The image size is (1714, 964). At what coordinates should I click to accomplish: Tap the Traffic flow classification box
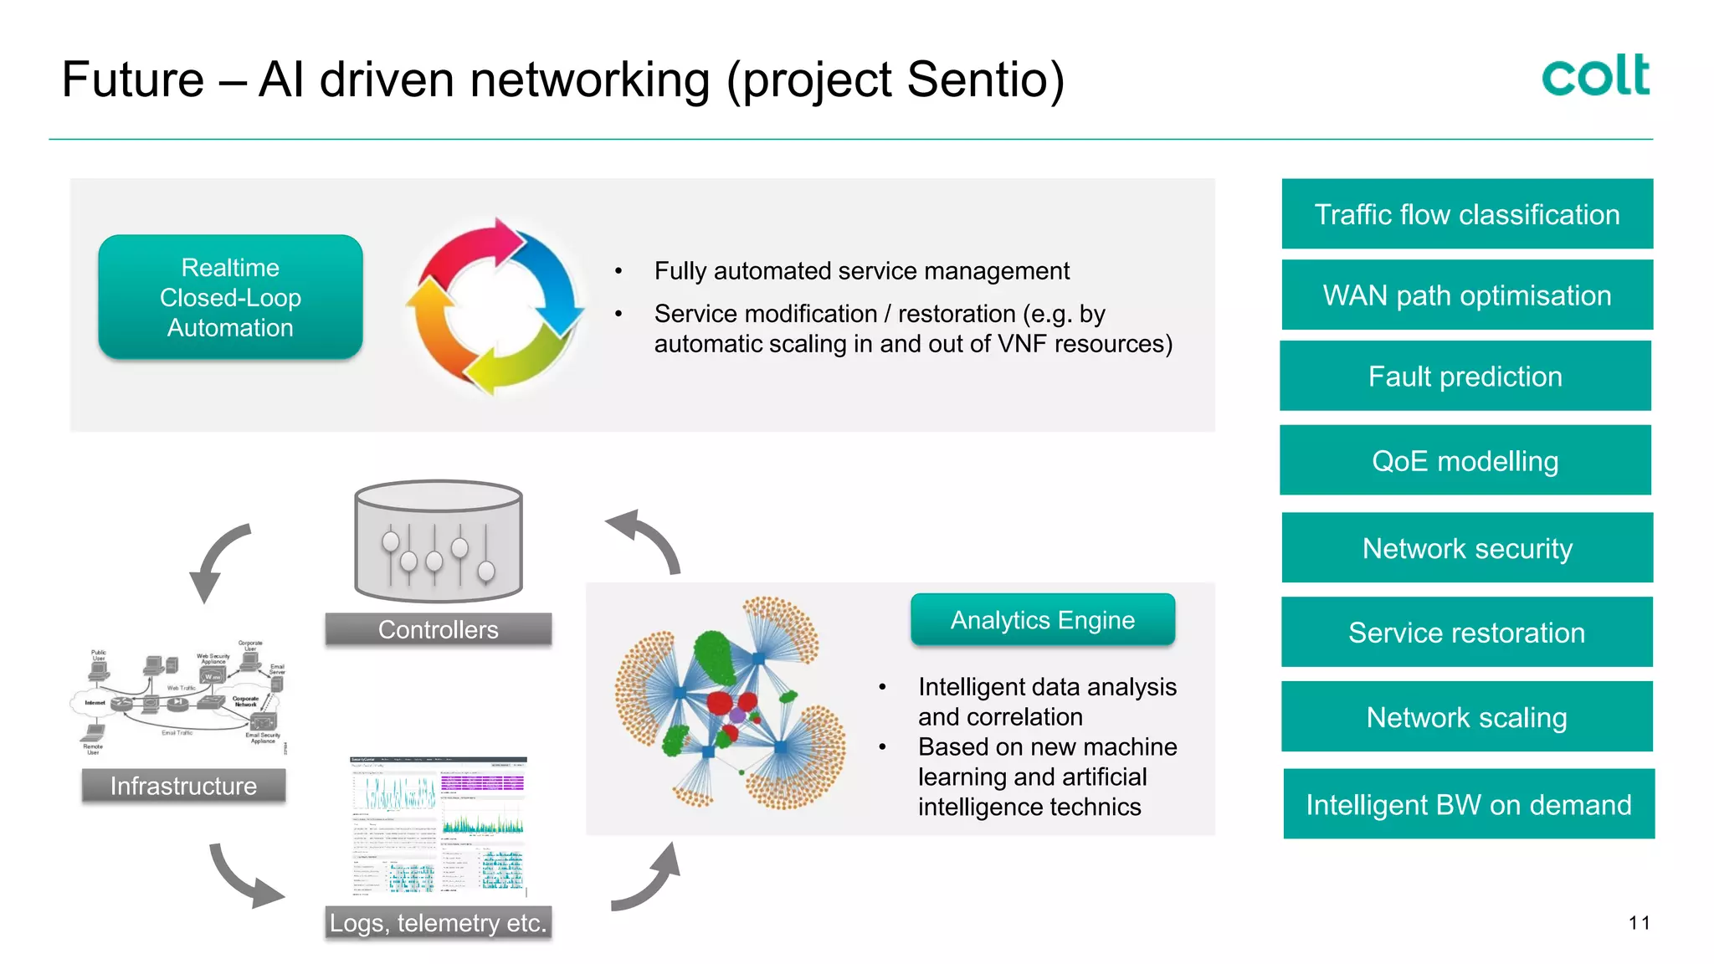point(1467,214)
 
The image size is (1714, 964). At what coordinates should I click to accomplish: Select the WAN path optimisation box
point(1467,295)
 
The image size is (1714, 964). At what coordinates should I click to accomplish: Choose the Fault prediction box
point(1465,377)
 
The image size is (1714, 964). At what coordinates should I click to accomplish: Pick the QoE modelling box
point(1465,461)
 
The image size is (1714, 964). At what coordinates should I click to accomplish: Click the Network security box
point(1467,548)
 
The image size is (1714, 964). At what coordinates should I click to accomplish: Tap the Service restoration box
point(1466,633)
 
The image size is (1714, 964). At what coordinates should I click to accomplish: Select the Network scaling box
point(1466,717)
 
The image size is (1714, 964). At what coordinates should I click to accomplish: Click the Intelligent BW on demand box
point(1469,804)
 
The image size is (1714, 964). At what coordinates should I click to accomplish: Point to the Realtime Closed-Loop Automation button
point(230,298)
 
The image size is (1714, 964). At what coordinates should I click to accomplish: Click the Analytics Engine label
point(1042,620)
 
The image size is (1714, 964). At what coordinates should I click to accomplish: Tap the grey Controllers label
point(438,629)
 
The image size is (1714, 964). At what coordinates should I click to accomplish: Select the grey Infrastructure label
point(183,786)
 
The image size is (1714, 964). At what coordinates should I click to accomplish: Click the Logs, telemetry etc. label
point(438,922)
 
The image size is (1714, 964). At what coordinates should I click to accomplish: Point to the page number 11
point(1639,923)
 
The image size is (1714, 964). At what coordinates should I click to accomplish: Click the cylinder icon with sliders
point(438,542)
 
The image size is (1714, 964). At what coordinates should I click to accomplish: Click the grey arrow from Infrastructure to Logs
point(243,879)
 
